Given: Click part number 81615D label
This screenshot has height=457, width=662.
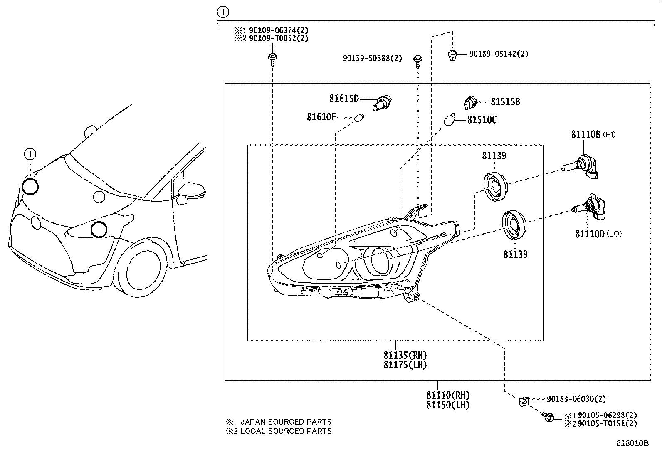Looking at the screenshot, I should point(343,99).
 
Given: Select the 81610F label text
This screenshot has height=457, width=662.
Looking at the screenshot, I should point(321,117).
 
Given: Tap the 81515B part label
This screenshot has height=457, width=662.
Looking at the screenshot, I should point(505,102).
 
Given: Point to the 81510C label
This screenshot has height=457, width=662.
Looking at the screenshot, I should point(482,120).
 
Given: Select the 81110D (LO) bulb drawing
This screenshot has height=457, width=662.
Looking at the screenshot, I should point(588,208).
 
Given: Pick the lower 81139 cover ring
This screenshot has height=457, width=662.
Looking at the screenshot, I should point(514,225).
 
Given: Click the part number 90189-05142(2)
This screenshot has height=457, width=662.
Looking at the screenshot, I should point(499,54).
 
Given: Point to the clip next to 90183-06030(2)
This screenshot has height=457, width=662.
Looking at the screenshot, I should point(524,401).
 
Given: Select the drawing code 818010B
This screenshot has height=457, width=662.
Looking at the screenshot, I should point(632,443).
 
